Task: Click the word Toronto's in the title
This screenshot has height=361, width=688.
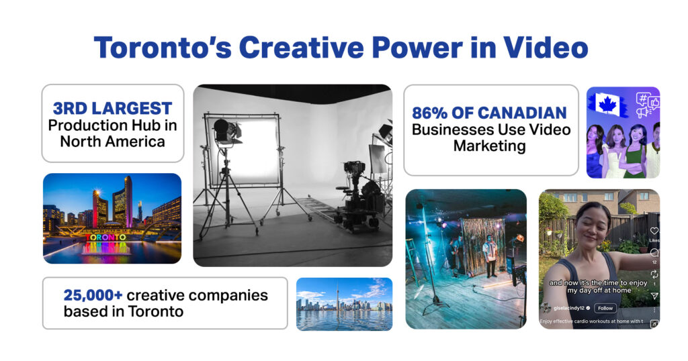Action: coord(163,48)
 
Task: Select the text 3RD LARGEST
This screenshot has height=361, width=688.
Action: coord(112,108)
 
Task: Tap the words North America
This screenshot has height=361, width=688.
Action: coord(112,142)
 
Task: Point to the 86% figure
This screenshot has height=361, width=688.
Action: coord(429,113)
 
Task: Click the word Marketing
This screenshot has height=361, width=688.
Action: coord(490,146)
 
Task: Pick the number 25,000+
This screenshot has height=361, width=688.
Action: coord(93,296)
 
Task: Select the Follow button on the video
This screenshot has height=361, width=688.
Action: coord(605,308)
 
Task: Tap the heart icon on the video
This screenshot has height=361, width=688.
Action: coord(654,231)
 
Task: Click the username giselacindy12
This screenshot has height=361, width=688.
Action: coord(568,308)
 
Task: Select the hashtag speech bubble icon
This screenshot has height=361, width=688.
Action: coord(643,99)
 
